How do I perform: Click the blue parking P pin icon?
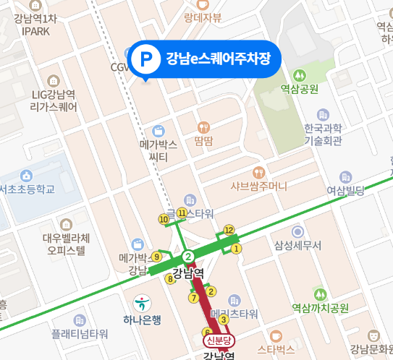146,58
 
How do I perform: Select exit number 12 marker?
229,231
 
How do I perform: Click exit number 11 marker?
182,212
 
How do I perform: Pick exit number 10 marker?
164,219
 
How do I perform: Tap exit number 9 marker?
156,256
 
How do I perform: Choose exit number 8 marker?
171,278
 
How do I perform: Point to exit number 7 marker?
193,297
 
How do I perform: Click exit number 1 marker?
236,249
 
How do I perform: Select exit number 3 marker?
224,320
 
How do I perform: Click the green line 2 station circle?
188,257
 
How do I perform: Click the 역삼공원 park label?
300,89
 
